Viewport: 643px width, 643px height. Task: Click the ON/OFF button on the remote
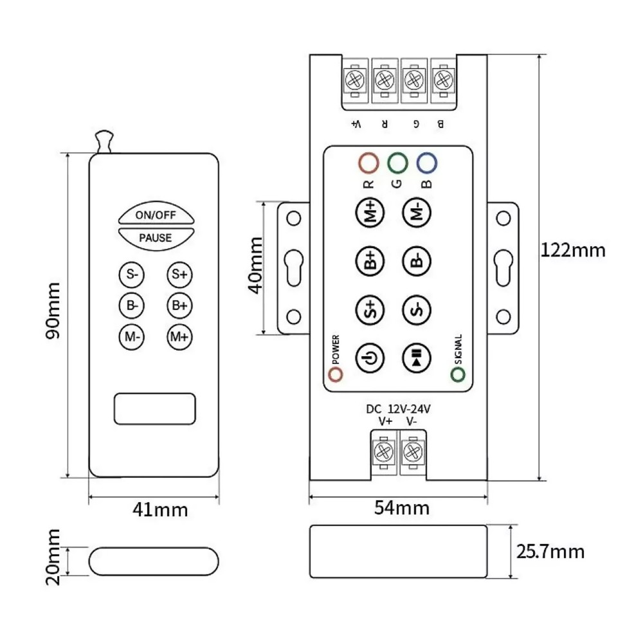tap(155, 215)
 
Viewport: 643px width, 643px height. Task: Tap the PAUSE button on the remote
tap(155, 237)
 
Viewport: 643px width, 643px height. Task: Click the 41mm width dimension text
tap(160, 510)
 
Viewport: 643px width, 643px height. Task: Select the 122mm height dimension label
tap(574, 250)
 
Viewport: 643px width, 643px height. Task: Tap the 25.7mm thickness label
tap(550, 551)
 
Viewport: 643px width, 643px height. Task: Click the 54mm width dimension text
tap(401, 508)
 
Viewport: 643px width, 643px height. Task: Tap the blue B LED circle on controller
tap(426, 163)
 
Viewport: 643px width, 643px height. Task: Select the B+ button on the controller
tap(369, 261)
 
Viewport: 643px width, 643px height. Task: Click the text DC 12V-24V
tap(398, 408)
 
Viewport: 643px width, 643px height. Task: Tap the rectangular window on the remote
tap(154, 408)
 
